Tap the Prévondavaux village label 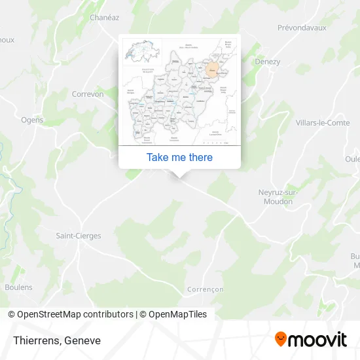[302, 27]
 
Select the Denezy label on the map [268, 62]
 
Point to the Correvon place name [88, 94]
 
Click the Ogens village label [32, 120]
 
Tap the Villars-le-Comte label [323, 122]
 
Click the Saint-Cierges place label [79, 236]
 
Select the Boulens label [18, 287]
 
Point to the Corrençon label [206, 289]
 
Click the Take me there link [179, 157]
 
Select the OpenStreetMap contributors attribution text [75, 314]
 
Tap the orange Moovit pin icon [281, 339]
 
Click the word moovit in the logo [318, 340]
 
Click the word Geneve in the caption [82, 340]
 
